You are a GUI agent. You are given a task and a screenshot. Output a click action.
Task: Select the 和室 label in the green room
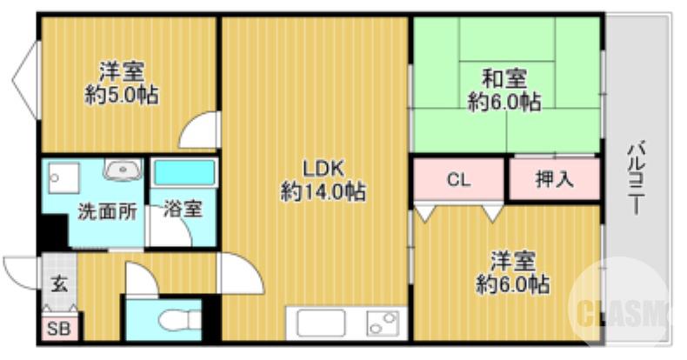tap(504, 79)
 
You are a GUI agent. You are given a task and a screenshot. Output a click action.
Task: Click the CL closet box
tap(458, 180)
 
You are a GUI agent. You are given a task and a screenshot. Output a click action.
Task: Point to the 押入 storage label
tap(554, 180)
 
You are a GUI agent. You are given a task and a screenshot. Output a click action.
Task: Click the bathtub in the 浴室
tap(184, 172)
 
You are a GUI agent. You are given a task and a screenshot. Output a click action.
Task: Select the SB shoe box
tap(59, 330)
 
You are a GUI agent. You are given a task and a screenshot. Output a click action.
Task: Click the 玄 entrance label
tap(58, 283)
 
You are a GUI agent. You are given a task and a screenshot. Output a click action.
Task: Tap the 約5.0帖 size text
tap(122, 95)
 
